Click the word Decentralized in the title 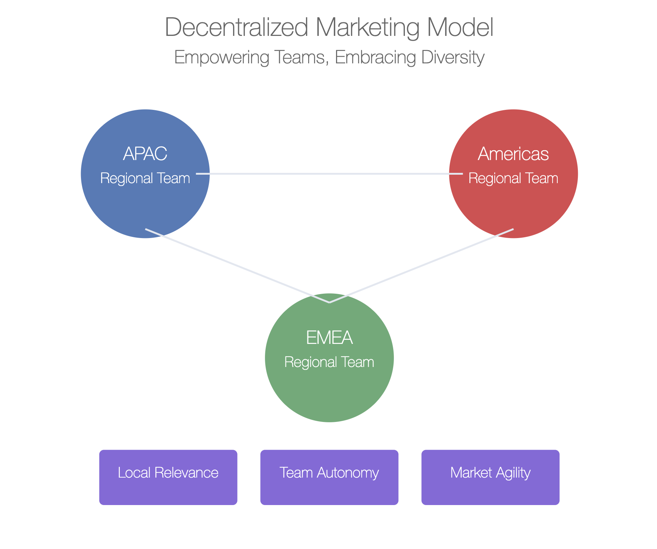click(x=236, y=27)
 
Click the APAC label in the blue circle click(x=145, y=154)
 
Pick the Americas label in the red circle click(x=513, y=154)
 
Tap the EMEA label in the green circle click(x=329, y=338)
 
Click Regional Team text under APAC click(x=145, y=178)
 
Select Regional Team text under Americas click(x=513, y=178)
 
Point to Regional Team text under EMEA click(x=329, y=362)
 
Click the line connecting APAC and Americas click(x=329, y=174)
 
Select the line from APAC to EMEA click(x=237, y=266)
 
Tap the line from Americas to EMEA click(x=421, y=266)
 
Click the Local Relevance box click(x=168, y=477)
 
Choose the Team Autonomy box click(x=329, y=477)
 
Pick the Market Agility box click(x=490, y=477)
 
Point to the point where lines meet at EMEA click(x=329, y=303)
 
